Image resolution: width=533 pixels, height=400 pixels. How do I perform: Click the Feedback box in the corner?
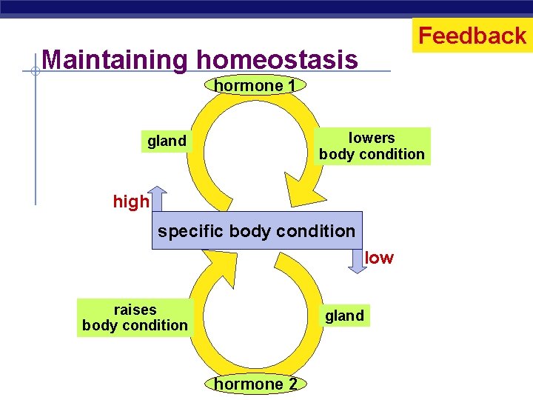[472, 36]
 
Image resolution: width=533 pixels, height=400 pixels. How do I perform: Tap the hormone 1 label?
[255, 86]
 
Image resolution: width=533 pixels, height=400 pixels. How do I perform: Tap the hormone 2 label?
[255, 384]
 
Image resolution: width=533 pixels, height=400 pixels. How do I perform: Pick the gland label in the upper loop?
[167, 141]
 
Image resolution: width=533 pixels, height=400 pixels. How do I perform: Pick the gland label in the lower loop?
[344, 316]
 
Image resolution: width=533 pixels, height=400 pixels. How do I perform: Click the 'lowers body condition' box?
[372, 146]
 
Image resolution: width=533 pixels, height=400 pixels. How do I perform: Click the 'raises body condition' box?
[135, 317]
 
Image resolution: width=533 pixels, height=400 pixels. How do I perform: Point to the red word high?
[131, 201]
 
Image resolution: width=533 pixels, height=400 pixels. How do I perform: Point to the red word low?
[379, 258]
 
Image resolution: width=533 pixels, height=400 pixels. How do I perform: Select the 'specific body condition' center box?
[257, 230]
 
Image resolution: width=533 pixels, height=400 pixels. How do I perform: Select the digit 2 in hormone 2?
[292, 384]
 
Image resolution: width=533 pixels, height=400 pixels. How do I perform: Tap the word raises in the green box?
[135, 310]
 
